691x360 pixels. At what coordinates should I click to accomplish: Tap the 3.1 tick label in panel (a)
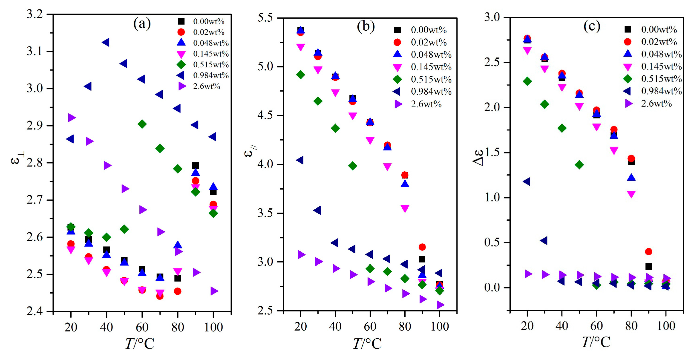[35, 51]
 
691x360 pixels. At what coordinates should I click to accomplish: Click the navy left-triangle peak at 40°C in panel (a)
[105, 42]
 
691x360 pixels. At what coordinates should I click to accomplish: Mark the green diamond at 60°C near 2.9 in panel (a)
[142, 124]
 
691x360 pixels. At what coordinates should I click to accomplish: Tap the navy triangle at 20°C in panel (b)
[300, 160]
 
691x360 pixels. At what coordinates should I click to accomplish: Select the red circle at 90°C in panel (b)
[422, 247]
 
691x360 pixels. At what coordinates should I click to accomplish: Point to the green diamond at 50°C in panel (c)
[579, 164]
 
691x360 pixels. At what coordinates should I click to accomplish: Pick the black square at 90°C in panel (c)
[649, 266]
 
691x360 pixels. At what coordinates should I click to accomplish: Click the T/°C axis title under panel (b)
[367, 344]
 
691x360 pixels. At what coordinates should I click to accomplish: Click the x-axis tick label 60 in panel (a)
[142, 327]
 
